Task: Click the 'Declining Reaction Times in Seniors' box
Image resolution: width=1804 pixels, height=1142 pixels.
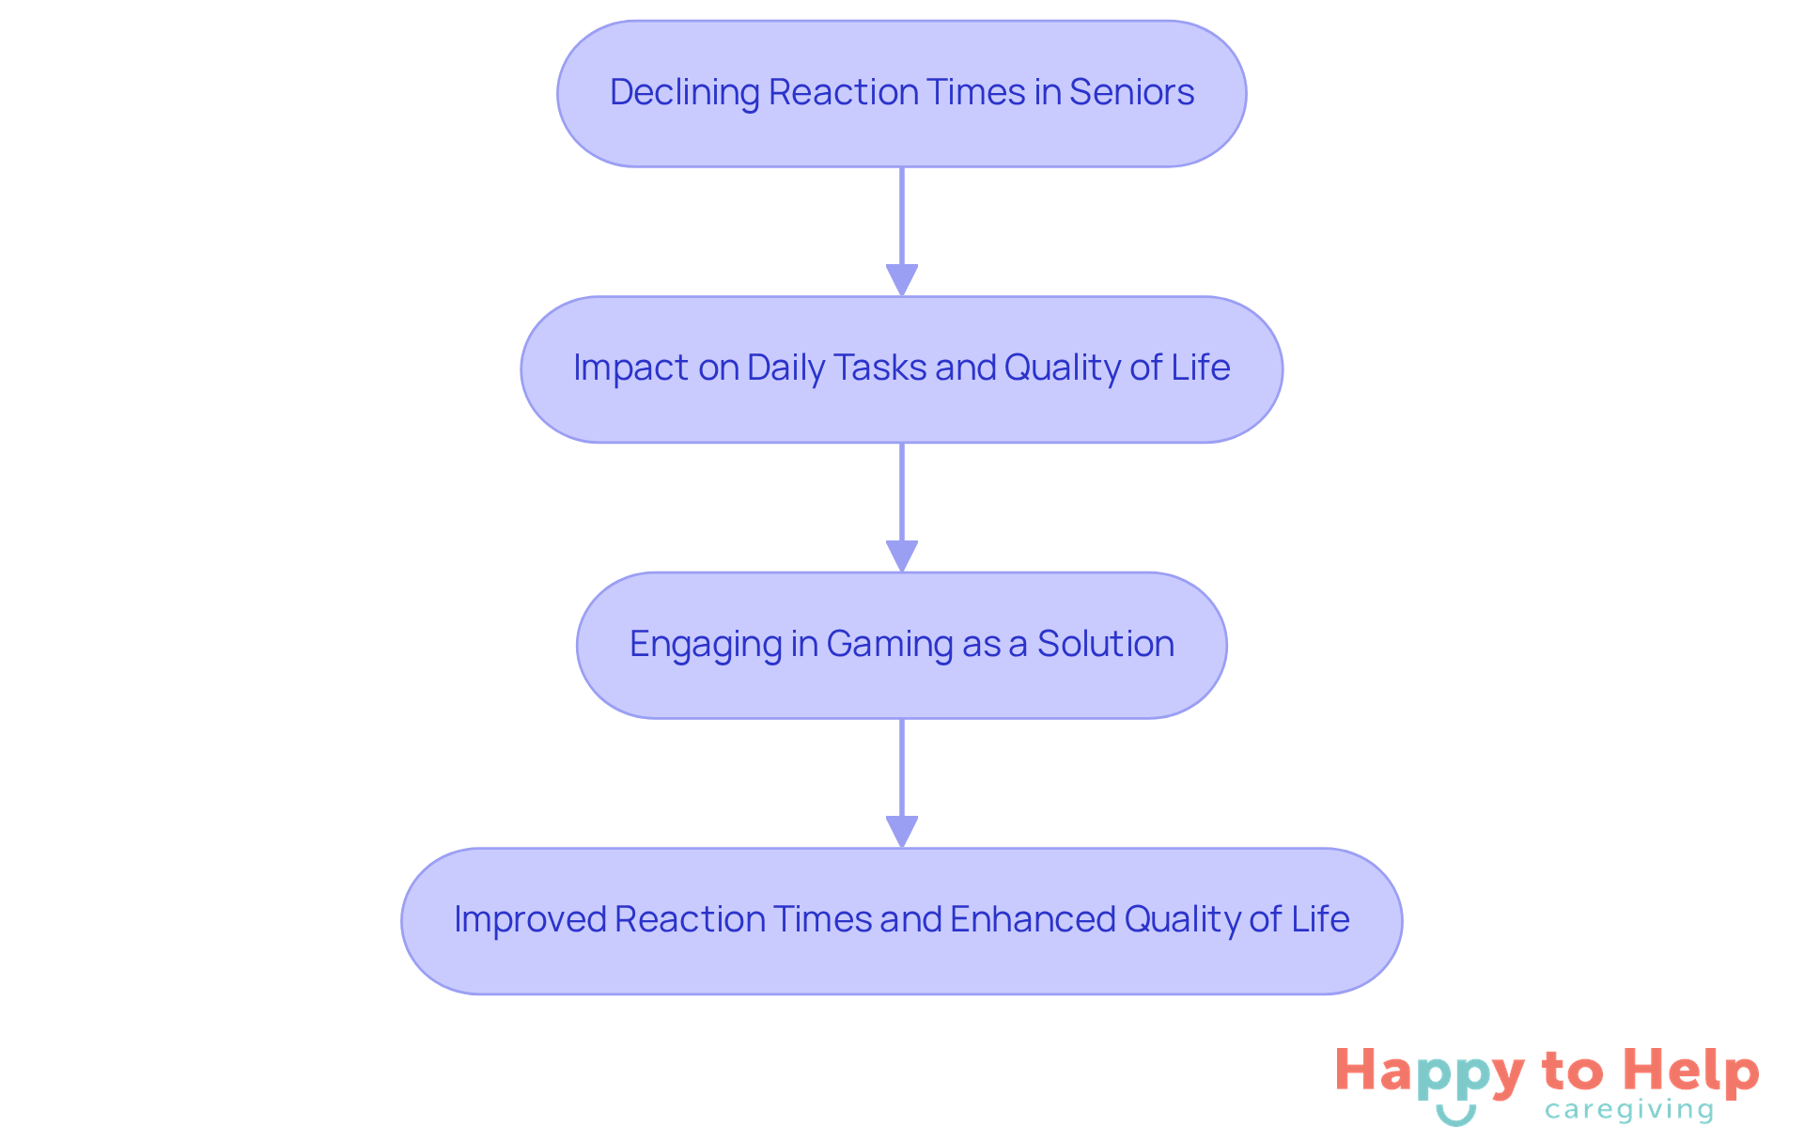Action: tap(901, 94)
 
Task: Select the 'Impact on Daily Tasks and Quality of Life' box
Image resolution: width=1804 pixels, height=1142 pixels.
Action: tap(901, 369)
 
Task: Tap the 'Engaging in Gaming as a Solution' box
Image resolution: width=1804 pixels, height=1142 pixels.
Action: tap(901, 645)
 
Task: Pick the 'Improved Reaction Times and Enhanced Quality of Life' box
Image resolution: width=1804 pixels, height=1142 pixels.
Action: tap(901, 921)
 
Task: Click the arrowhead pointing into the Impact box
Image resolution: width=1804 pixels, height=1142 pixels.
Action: tap(901, 280)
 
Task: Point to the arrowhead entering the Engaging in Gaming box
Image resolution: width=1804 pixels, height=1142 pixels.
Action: tap(901, 555)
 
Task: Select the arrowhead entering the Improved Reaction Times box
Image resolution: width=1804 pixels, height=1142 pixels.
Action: tap(901, 831)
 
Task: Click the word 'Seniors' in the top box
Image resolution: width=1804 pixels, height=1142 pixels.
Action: tap(1131, 92)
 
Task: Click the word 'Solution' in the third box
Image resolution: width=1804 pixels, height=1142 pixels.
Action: tap(1105, 644)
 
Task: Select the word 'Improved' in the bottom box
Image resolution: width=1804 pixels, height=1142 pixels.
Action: tap(530, 919)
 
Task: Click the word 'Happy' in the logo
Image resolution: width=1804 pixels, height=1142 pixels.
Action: tap(1429, 1072)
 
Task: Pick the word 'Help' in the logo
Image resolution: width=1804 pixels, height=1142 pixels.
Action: tap(1690, 1071)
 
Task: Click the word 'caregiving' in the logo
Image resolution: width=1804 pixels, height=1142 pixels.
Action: tap(1629, 1111)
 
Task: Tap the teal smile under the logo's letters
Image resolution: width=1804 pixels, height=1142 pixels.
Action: tap(1455, 1116)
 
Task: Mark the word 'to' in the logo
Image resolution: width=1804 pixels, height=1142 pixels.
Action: tap(1572, 1072)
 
